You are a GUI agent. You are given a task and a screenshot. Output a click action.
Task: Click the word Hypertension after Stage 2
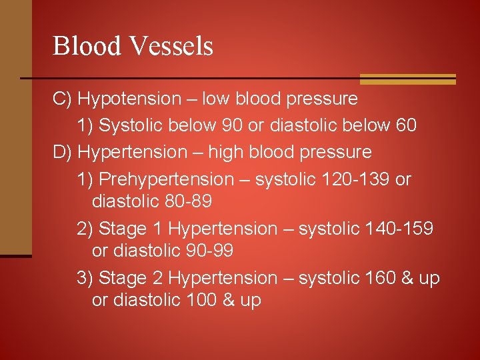pyautogui.click(x=223, y=278)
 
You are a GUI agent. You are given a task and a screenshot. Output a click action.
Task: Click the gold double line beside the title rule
pyautogui.click(x=407, y=79)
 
